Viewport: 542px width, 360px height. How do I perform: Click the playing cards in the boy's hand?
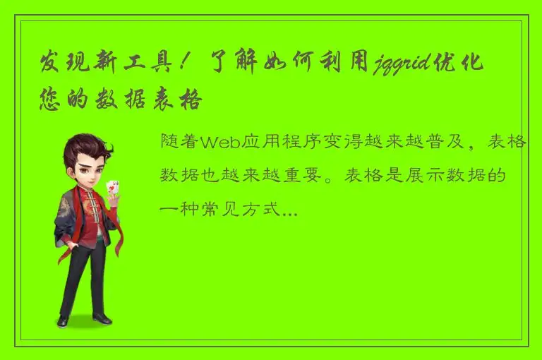(x=111, y=188)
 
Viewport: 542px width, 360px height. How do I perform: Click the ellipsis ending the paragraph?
(x=290, y=210)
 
